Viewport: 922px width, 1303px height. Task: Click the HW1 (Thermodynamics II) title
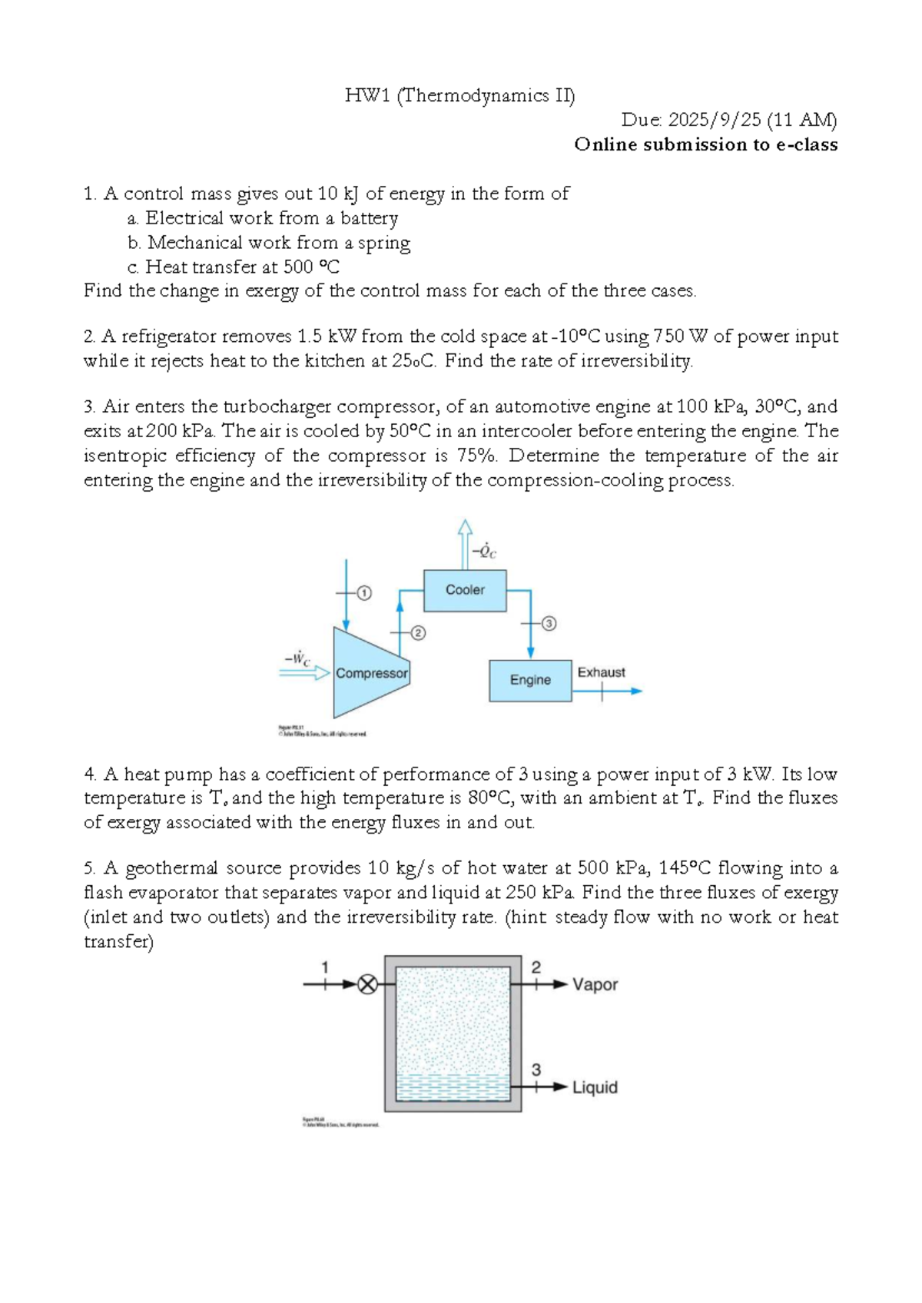click(459, 95)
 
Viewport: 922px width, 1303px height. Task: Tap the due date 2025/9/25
click(715, 120)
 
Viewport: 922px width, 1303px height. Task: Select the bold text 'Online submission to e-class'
click(705, 144)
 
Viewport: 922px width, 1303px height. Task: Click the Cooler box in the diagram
click(465, 590)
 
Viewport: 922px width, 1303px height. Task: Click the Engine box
click(530, 680)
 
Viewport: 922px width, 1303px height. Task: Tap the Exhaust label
click(601, 672)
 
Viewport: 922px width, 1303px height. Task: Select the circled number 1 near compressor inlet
click(364, 592)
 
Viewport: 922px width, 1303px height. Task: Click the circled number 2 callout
click(418, 633)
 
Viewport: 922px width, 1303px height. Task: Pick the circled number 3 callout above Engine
click(549, 623)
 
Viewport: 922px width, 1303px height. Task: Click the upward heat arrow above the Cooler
click(465, 542)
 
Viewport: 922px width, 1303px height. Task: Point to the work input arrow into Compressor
click(304, 673)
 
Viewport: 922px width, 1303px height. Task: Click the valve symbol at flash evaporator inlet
click(368, 984)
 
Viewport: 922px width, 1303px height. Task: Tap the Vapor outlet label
click(595, 984)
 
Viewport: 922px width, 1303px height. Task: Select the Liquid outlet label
click(595, 1087)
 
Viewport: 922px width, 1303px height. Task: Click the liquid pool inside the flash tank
click(453, 1086)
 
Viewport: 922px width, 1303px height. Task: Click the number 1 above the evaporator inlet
click(324, 966)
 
